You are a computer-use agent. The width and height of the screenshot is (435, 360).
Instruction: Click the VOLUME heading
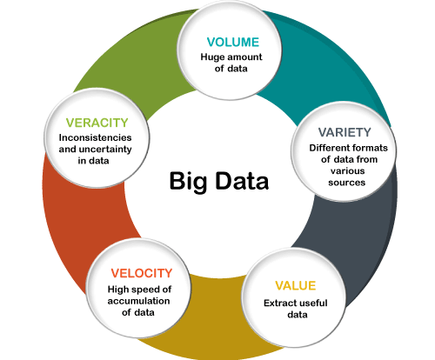pos(233,43)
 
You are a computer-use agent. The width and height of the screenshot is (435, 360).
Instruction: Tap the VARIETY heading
pos(345,132)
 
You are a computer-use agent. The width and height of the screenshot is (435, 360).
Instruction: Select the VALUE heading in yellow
pos(296,286)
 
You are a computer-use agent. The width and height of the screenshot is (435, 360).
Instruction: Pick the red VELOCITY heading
pos(142,273)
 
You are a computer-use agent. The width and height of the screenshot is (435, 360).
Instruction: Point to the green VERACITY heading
pos(97,123)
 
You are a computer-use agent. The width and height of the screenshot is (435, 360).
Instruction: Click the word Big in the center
pos(188,182)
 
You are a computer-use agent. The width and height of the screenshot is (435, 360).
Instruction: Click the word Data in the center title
pos(242,181)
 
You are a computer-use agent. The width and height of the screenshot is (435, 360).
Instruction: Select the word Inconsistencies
pos(95,137)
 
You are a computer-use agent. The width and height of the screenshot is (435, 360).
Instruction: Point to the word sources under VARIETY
pos(347,183)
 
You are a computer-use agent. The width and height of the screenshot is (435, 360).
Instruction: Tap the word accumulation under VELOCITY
pos(138,301)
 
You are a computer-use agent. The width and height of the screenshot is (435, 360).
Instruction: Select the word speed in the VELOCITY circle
pos(144,290)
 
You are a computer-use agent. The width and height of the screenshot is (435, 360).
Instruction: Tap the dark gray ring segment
pos(363,232)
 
